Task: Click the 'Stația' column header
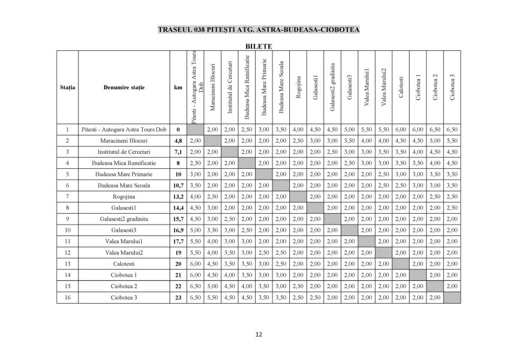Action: (68, 87)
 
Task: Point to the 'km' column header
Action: (178, 87)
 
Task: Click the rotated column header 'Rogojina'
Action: (298, 87)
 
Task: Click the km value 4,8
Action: (178, 140)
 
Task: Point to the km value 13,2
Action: (178, 196)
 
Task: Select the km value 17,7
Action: (178, 241)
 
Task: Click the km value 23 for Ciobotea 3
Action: (178, 298)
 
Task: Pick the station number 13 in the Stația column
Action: (68, 264)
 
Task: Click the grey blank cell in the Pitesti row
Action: (195, 129)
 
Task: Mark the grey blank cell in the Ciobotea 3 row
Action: (452, 298)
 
